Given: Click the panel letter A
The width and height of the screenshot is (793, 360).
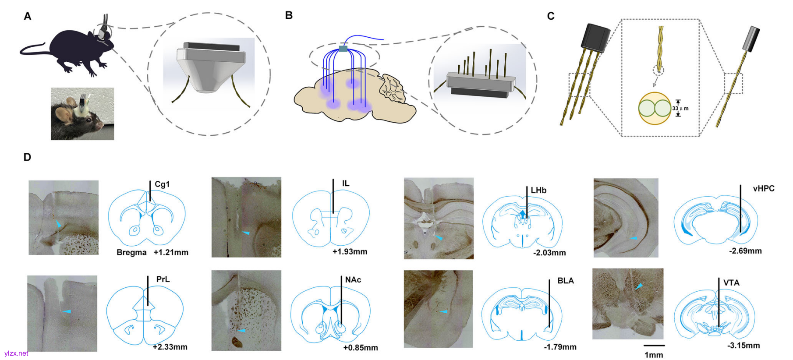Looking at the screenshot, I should (28, 17).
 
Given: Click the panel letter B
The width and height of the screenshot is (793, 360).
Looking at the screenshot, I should (289, 15).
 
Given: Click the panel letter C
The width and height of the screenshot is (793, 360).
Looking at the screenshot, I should (551, 16).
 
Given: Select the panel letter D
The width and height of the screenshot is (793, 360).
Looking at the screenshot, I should (27, 157).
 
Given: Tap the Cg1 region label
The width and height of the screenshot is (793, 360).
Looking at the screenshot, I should (162, 184).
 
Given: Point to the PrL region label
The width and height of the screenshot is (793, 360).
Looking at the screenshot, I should (163, 279).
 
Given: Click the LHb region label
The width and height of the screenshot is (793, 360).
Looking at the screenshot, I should (538, 191).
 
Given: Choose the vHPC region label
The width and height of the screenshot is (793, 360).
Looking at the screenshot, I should (764, 189).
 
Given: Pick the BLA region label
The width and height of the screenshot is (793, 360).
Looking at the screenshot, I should (565, 281).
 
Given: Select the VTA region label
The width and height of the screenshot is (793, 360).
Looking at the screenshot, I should (731, 283).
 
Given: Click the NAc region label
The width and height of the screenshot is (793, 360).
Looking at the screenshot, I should (353, 280).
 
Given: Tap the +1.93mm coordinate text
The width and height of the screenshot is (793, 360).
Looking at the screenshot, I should (350, 252).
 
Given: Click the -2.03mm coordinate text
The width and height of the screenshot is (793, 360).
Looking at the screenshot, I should (549, 253).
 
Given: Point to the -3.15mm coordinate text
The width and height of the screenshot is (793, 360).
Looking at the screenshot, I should (743, 346).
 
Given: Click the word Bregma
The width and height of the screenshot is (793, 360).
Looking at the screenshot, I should (131, 253).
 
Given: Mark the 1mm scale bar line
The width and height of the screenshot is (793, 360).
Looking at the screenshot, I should (654, 346).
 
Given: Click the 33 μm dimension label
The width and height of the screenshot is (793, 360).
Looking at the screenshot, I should (680, 108).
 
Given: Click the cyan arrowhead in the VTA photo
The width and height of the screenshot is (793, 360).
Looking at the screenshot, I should (639, 286).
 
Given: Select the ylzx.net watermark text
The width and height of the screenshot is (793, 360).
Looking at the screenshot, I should (16, 353).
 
